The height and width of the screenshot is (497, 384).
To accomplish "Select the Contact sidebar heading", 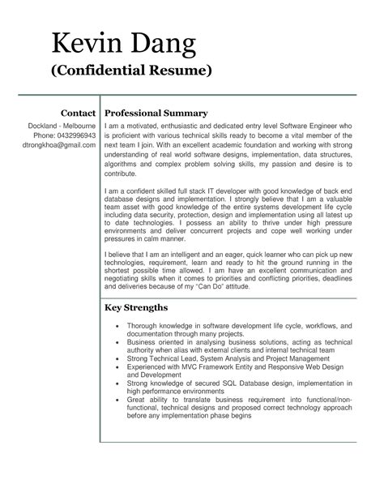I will (79, 112).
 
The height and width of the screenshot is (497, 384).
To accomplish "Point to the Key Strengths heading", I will (136, 307).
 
